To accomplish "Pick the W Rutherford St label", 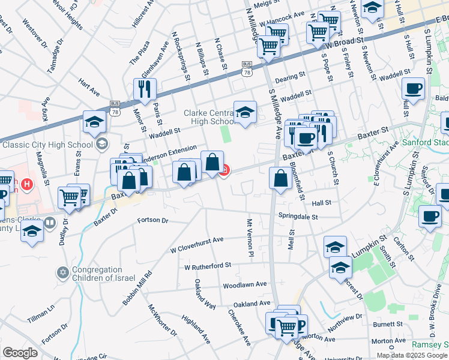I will click(208, 265).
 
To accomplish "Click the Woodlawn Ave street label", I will click(244, 284).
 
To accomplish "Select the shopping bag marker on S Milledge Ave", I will click(281, 178).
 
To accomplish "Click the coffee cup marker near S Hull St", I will click(413, 89).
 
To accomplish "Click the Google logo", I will click(20, 353).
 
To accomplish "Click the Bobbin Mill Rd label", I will click(137, 289).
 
